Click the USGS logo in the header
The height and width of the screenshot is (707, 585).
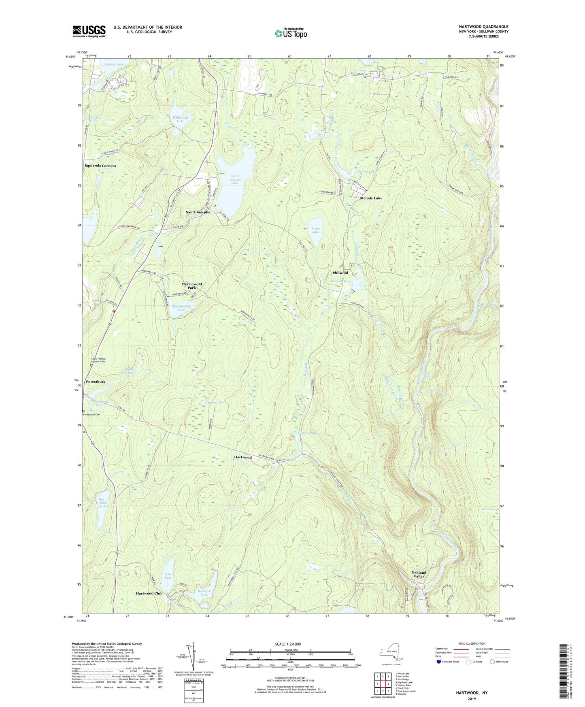tap(89, 31)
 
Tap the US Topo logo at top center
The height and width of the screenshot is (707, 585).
tap(291, 33)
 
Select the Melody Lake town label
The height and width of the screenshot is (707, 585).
tap(371, 198)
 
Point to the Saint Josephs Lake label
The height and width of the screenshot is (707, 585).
tap(235, 179)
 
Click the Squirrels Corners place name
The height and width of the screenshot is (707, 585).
tap(100, 166)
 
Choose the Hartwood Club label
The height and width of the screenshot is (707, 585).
tap(149, 593)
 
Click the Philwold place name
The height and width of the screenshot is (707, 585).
tap(340, 273)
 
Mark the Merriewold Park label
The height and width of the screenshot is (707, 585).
tap(191, 286)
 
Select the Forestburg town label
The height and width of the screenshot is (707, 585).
tap(96, 381)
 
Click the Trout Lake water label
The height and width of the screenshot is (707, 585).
tap(316, 230)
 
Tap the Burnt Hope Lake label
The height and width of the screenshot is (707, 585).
tap(103, 503)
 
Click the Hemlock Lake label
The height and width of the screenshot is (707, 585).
tap(204, 592)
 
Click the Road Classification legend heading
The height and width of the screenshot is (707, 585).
tap(472, 643)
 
